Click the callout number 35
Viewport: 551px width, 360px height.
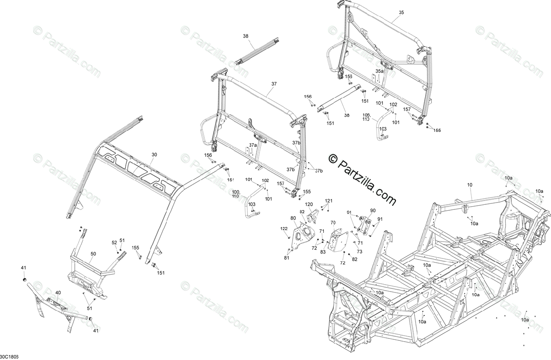pyautogui.click(x=401, y=12)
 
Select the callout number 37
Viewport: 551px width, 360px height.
pyautogui.click(x=274, y=84)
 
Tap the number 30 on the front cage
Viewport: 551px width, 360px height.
pyautogui.click(x=154, y=155)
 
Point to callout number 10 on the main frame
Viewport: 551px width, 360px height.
pyautogui.click(x=469, y=185)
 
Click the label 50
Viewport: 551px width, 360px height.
pyautogui.click(x=93, y=253)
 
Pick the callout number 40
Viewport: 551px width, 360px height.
pyautogui.click(x=58, y=292)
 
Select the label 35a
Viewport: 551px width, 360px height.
pyautogui.click(x=379, y=71)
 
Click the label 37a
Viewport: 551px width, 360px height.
pyautogui.click(x=253, y=145)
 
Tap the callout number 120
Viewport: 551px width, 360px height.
pyautogui.click(x=309, y=204)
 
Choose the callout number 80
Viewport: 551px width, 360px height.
pyautogui.click(x=293, y=218)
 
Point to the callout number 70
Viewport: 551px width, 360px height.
pyautogui.click(x=333, y=223)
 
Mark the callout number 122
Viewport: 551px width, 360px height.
pyautogui.click(x=284, y=228)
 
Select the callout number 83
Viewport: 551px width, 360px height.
pyautogui.click(x=323, y=251)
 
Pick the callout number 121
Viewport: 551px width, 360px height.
pyautogui.click(x=329, y=201)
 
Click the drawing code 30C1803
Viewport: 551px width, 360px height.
pyautogui.click(x=10, y=356)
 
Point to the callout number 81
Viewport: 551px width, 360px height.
pyautogui.click(x=287, y=258)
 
